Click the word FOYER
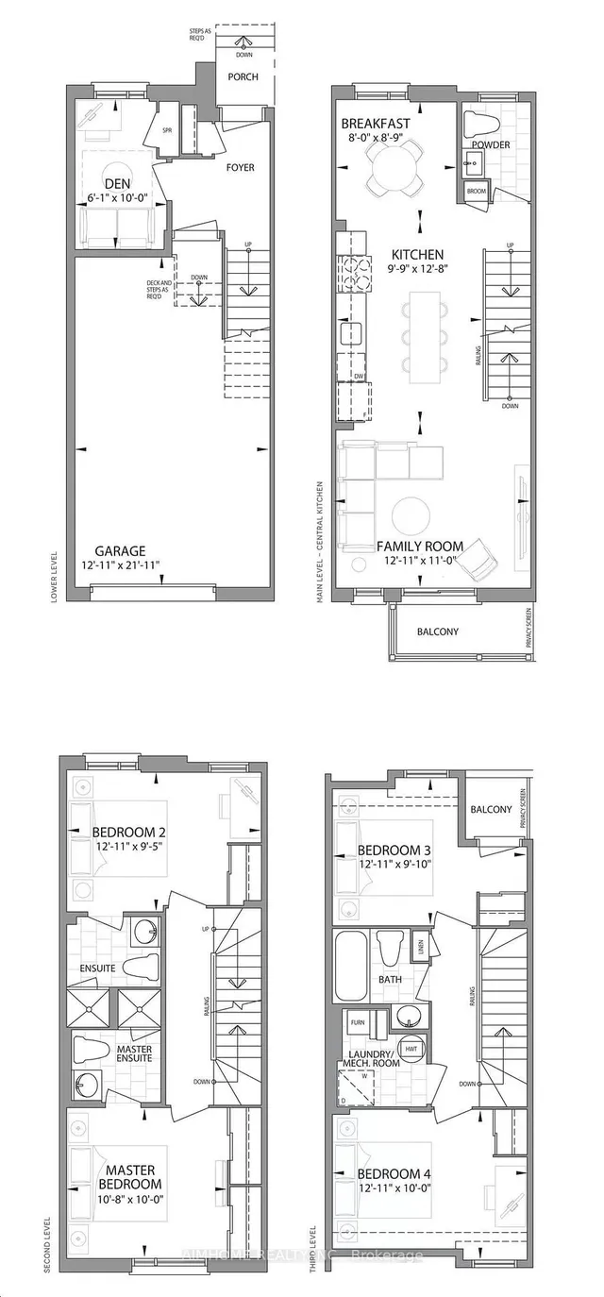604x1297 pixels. [240, 167]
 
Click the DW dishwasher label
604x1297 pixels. [358, 376]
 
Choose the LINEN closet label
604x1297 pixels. [418, 944]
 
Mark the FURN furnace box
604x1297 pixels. [359, 1022]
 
